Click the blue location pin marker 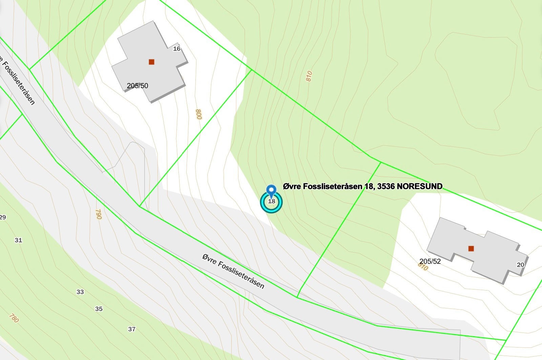click(271, 191)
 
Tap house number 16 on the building click(176, 49)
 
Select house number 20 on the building click(520, 265)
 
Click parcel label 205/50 click(138, 86)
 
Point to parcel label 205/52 click(430, 261)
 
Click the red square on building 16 click(151, 62)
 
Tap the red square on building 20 click(471, 248)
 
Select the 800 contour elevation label click(199, 114)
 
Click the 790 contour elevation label click(98, 214)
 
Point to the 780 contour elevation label click(14, 318)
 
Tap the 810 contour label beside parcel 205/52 click(423, 267)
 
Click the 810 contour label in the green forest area click(309, 76)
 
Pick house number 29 click(3, 217)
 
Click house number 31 click(18, 240)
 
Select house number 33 click(80, 292)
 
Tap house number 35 click(99, 309)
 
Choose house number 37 click(132, 329)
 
